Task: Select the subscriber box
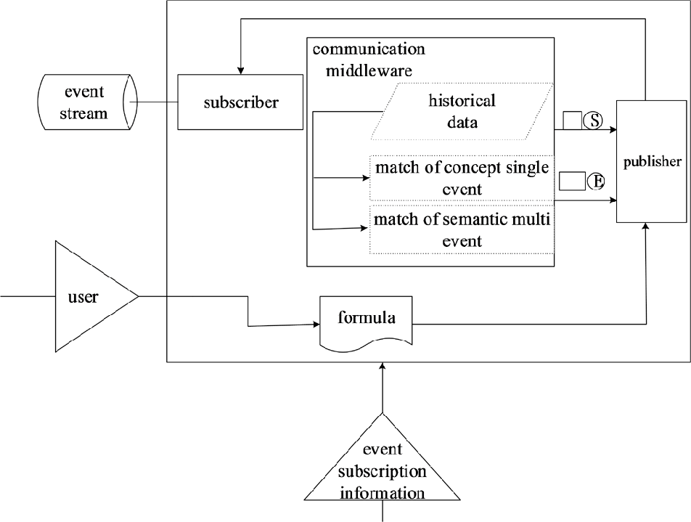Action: click(240, 102)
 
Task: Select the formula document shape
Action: click(367, 320)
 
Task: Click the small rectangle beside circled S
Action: click(572, 121)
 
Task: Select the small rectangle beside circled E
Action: click(572, 179)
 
